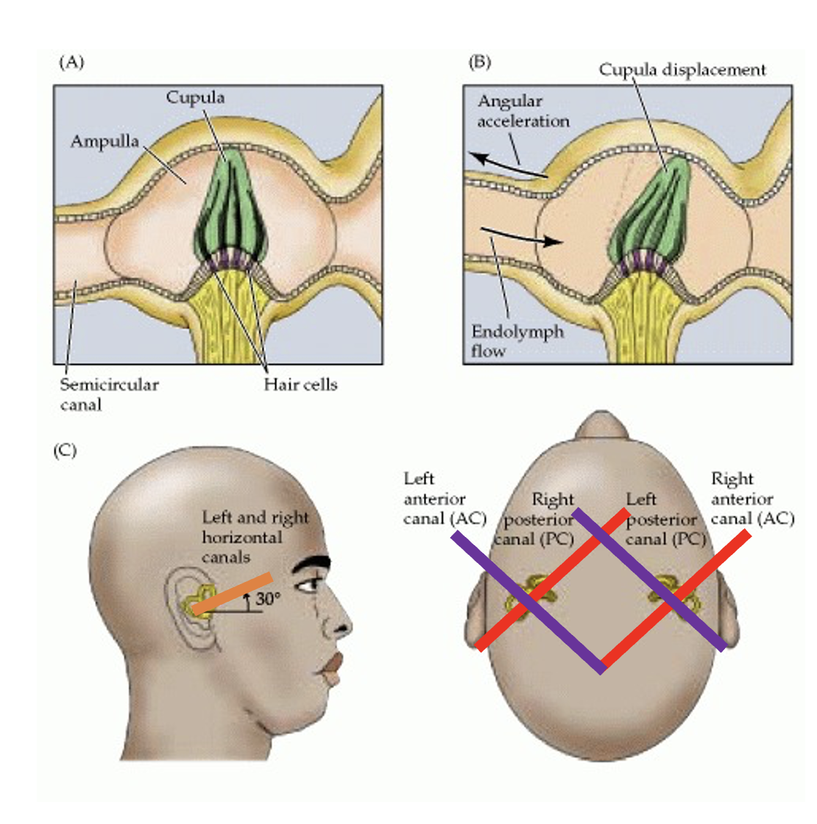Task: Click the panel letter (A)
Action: pos(71,63)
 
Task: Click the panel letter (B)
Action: pos(479,63)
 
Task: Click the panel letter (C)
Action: pos(66,451)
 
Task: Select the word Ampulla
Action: pos(105,141)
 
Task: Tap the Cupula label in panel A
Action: pos(195,98)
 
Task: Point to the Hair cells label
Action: pos(300,385)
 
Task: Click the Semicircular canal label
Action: pos(109,394)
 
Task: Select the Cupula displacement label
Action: pos(682,70)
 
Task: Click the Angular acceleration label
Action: pos(523,111)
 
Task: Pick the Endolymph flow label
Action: pos(517,341)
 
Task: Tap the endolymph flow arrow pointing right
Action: pos(522,236)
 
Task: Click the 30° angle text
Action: pos(268,598)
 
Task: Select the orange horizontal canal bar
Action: pos(233,594)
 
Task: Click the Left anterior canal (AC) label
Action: pos(445,499)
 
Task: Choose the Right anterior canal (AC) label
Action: pos(752,499)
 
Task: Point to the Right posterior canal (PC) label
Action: pos(534,519)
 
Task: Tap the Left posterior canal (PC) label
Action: pos(665,519)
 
